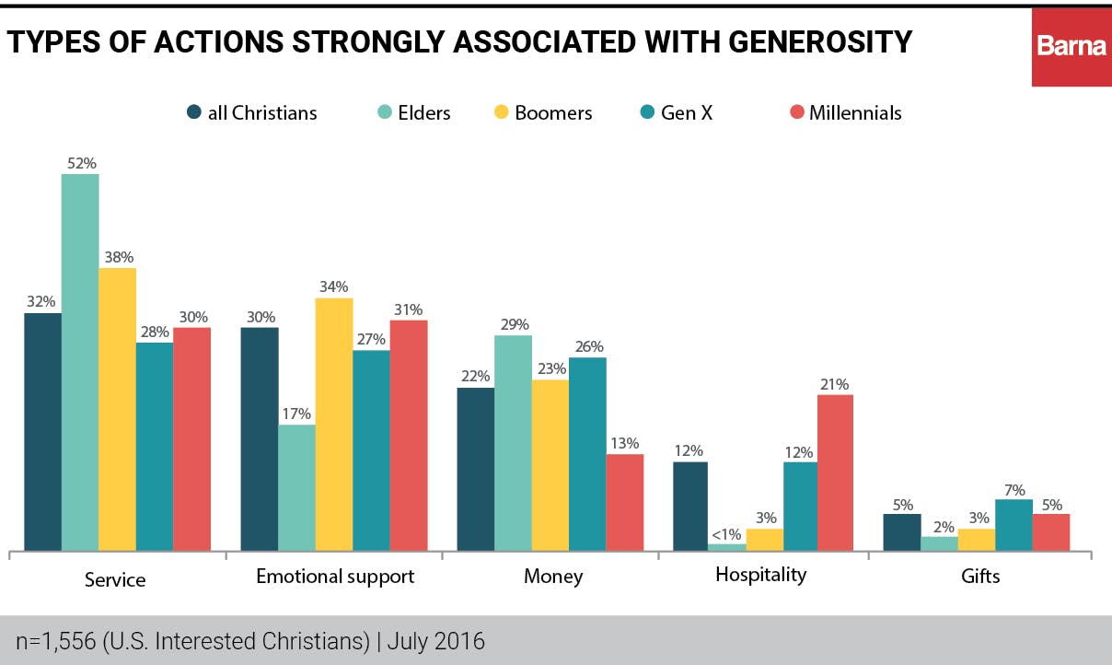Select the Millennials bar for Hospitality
click(x=835, y=472)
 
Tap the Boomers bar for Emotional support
click(x=334, y=425)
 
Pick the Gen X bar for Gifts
click(x=1014, y=525)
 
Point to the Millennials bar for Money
click(x=624, y=502)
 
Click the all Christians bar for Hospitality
click(x=691, y=506)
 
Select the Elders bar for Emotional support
click(x=296, y=487)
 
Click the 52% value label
click(x=79, y=163)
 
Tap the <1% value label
click(x=727, y=533)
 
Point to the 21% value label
click(x=835, y=384)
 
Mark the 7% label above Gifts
click(x=1014, y=490)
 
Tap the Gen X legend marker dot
click(x=646, y=113)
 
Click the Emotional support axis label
click(x=335, y=577)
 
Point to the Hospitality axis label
click(x=760, y=575)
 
